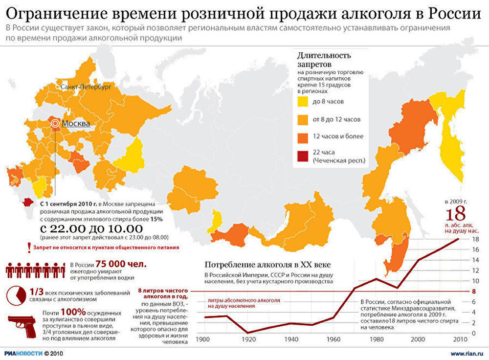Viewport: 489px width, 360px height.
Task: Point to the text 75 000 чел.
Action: click(121, 264)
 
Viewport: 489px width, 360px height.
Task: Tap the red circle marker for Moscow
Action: click(55, 124)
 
